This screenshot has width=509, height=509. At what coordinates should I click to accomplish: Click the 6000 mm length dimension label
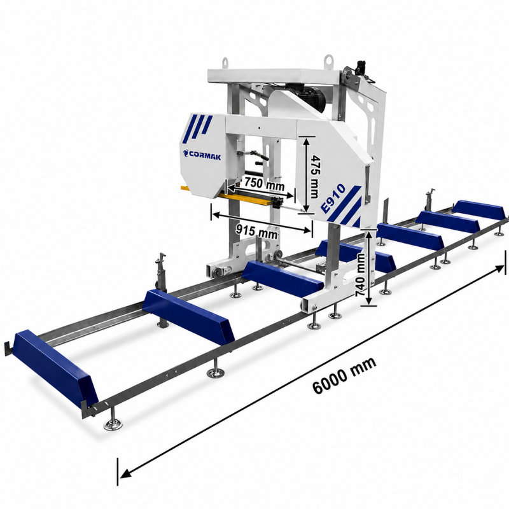[x=344, y=375]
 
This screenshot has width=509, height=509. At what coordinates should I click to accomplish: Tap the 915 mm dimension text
[x=256, y=231]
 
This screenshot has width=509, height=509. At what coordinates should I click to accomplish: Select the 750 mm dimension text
[x=264, y=184]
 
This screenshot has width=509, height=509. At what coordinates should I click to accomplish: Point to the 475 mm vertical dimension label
[x=314, y=177]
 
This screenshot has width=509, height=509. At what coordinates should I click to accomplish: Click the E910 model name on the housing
[x=332, y=198]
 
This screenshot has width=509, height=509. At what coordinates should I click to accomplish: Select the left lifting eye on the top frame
[x=225, y=62]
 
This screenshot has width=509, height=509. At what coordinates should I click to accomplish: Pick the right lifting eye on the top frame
[x=329, y=60]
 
